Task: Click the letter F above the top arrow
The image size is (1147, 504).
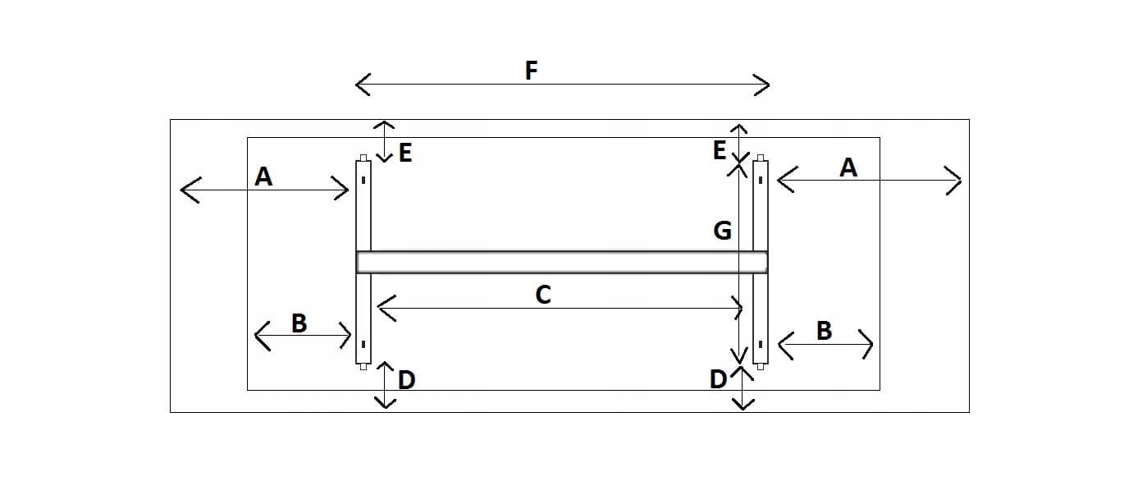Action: coord(531,71)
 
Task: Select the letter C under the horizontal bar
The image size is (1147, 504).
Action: coord(542,295)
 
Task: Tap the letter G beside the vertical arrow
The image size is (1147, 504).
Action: coord(722,231)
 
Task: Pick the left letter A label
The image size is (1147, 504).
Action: coord(263,176)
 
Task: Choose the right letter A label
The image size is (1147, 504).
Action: coord(848,167)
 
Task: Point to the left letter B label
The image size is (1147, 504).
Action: coord(299,323)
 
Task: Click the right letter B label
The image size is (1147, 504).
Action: coord(824,331)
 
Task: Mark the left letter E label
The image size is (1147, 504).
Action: coord(404,153)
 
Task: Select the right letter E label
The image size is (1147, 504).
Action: coord(720,151)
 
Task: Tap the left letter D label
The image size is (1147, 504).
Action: coord(406,380)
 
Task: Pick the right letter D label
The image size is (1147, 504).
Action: coord(718,379)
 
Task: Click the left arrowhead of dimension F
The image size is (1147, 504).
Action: coord(359,84)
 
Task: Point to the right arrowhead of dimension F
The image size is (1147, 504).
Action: coord(765,84)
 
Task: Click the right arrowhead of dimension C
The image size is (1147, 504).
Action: coord(738,309)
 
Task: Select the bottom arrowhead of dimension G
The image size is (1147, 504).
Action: coord(739,358)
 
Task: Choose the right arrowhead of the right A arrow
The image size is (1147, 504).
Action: coord(957,180)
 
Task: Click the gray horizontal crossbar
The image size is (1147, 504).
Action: coord(562,262)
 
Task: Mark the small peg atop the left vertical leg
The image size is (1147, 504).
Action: coord(363,158)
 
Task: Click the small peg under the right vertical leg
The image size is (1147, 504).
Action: coord(761,367)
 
